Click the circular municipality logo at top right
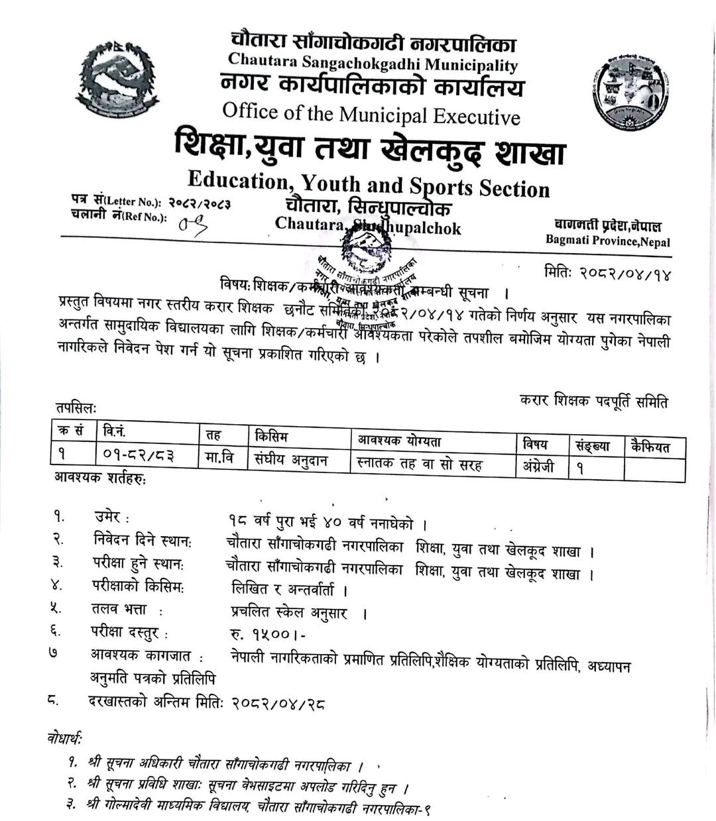coord(629,91)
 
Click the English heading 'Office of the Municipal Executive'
coord(371,114)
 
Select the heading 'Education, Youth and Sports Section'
coord(369,183)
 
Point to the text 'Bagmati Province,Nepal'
coord(607,241)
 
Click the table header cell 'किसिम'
coord(271,436)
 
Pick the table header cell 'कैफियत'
coord(650,446)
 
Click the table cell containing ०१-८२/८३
coord(139,455)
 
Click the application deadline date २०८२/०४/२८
coord(278,703)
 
